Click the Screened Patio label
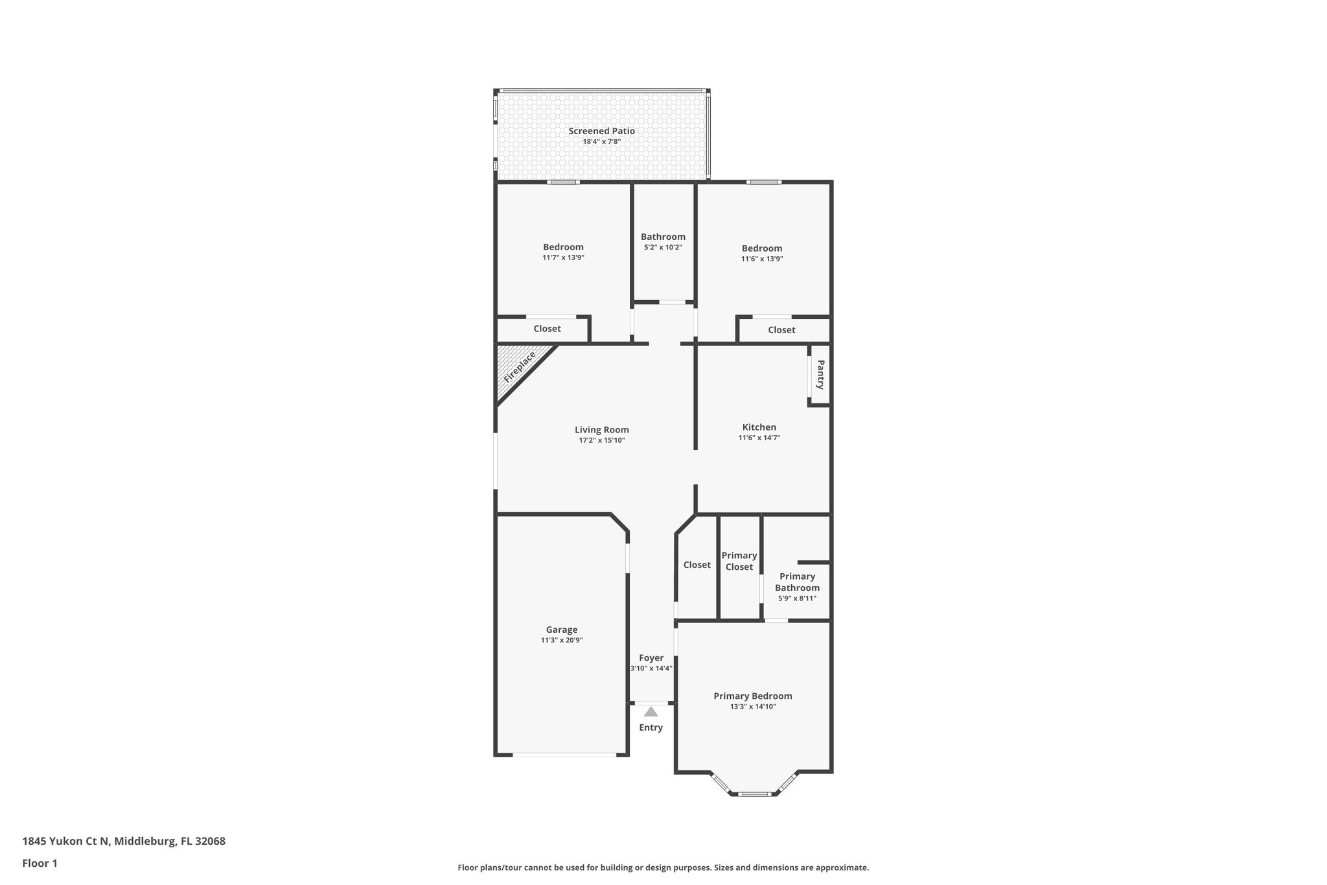click(601, 131)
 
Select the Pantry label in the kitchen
click(820, 375)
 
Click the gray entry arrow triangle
click(651, 712)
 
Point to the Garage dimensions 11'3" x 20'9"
click(561, 640)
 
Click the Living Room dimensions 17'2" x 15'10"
click(601, 440)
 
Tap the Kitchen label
click(759, 427)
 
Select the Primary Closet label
click(739, 561)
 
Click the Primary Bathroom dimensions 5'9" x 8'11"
click(797, 598)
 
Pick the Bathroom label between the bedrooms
click(663, 237)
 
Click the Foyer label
click(651, 657)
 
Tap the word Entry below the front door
click(651, 727)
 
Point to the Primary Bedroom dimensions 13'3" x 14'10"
click(752, 707)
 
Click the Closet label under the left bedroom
click(547, 329)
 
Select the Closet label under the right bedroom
click(781, 330)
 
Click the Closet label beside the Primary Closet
click(697, 565)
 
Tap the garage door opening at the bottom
click(564, 755)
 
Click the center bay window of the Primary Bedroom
click(754, 794)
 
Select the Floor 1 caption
click(40, 863)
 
